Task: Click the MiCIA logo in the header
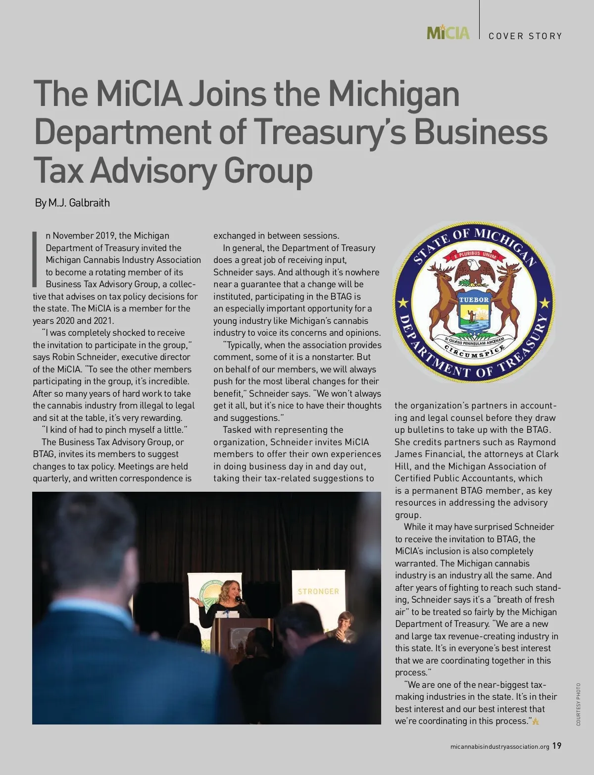pos(447,33)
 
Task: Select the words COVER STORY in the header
pos(525,36)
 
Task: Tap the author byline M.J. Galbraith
pos(79,203)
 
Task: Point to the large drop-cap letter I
pos(35,258)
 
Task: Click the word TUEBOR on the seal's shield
pos(474,300)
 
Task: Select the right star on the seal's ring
pos(545,302)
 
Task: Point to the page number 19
pos(557,746)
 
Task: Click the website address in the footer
pos(500,747)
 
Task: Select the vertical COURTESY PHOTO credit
pos(578,704)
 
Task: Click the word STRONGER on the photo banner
pos(318,591)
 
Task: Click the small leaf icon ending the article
pos(536,722)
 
